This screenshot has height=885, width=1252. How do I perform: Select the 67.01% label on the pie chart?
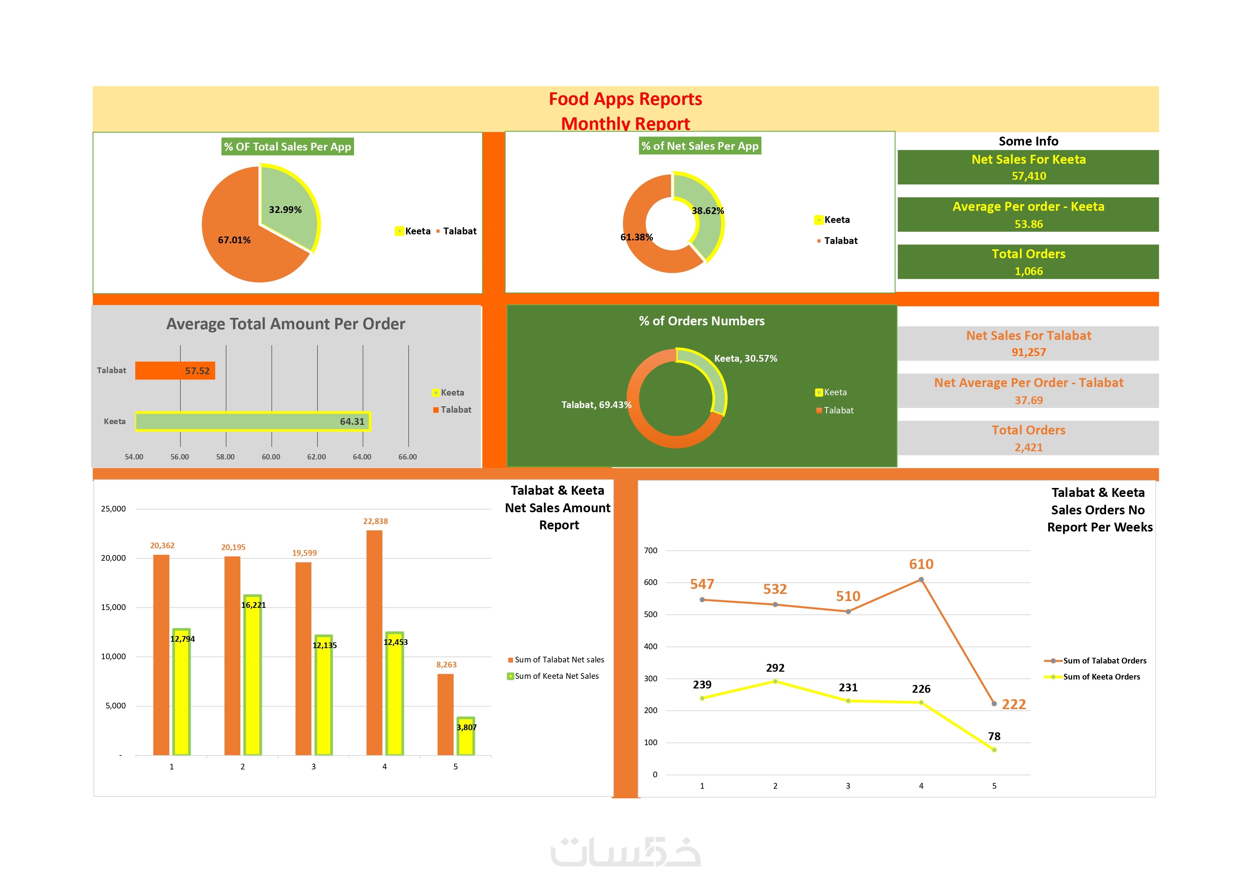pos(234,240)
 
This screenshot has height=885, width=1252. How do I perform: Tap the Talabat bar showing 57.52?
pos(174,371)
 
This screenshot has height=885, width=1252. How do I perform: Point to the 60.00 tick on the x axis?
pos(271,457)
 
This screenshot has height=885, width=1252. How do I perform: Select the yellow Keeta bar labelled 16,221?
pos(253,676)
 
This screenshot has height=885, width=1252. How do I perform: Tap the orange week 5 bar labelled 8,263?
pos(446,714)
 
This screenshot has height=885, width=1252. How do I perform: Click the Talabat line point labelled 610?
pos(921,580)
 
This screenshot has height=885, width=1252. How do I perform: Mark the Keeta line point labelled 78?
pos(994,750)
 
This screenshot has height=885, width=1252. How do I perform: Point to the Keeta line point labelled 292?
pos(775,682)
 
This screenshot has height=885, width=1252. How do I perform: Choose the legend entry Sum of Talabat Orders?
pos(1104,661)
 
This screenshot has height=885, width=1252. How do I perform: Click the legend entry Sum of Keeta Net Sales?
pos(556,676)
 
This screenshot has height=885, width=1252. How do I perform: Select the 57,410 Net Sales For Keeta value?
pos(1028,176)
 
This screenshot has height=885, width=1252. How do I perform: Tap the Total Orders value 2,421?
pos(1028,448)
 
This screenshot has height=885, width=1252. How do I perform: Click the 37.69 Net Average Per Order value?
pos(1028,400)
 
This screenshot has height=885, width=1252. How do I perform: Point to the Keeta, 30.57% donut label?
pos(745,358)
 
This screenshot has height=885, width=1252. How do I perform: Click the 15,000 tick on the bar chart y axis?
pos(113,607)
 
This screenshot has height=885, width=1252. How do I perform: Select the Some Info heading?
pos(1028,141)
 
